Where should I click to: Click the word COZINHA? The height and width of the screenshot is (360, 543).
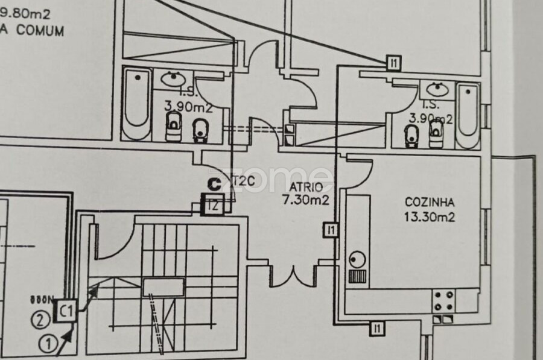point(430,203)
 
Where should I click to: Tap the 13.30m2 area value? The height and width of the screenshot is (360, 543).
point(430,216)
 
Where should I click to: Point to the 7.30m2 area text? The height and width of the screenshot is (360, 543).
point(306,200)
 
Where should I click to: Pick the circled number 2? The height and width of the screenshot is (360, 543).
point(40,320)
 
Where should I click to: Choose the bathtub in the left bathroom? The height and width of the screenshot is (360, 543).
point(138,104)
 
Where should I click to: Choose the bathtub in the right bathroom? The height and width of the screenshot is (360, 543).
point(468,115)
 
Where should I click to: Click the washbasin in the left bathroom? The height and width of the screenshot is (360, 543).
point(174,78)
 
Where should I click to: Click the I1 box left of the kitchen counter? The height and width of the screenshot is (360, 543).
point(329,229)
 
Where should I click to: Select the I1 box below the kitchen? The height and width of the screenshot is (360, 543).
point(377,329)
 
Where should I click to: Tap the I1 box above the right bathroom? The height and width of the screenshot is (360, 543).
point(393,61)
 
